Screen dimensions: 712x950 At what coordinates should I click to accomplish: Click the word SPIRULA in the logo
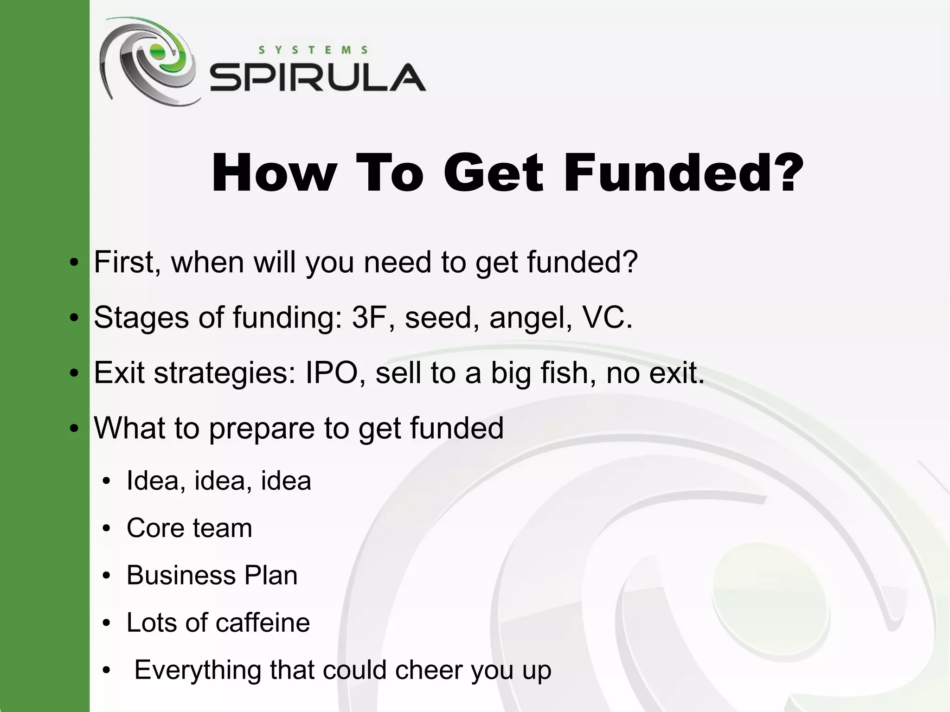318,77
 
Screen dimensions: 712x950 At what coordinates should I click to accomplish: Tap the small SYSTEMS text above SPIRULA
313,50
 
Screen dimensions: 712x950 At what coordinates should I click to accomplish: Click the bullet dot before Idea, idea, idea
107,481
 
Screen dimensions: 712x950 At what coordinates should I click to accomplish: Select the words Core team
189,528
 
